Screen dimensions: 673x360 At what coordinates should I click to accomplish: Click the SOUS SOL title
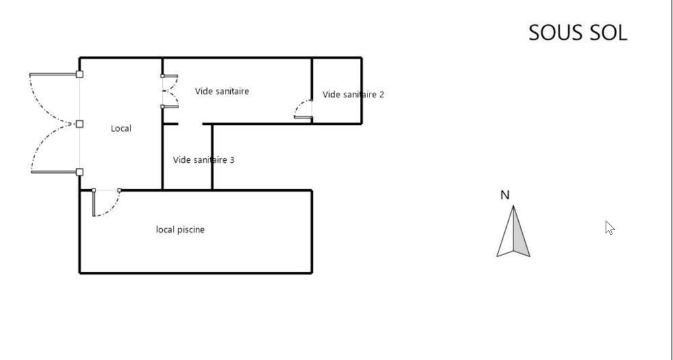coord(577,33)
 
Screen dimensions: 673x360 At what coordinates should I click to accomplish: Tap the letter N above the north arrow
coord(505,195)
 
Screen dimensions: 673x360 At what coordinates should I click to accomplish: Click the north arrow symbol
coord(513,231)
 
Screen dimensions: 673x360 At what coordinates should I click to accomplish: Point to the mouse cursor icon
coord(610,228)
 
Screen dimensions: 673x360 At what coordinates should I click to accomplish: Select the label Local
coord(121,129)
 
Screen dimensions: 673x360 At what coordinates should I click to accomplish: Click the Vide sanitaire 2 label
coord(353,94)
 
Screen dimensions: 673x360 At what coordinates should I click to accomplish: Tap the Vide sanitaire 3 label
coord(203,159)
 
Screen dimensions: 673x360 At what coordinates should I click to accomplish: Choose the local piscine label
coord(180,229)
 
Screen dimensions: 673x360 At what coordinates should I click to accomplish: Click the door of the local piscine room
coord(106,203)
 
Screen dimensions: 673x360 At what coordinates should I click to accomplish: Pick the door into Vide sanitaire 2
coord(303,110)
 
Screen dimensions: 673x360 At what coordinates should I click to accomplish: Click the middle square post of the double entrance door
coord(79,124)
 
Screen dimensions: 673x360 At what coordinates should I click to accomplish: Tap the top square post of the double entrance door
coord(79,74)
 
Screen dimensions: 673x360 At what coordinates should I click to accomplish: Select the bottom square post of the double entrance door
coord(79,172)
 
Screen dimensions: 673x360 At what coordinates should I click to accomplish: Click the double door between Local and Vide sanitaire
coord(170,91)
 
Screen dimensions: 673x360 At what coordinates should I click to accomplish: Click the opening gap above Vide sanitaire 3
coord(190,124)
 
